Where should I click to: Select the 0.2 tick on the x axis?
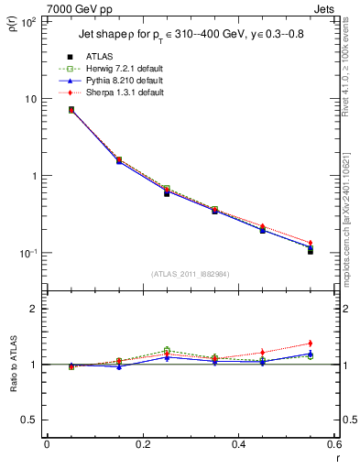[142, 444]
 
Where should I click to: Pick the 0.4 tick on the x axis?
[237, 444]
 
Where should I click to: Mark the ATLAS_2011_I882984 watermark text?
[190, 273]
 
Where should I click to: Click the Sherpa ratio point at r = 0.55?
[311, 344]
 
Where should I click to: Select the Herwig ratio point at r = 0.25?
[167, 350]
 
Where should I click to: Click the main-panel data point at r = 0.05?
[71, 110]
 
